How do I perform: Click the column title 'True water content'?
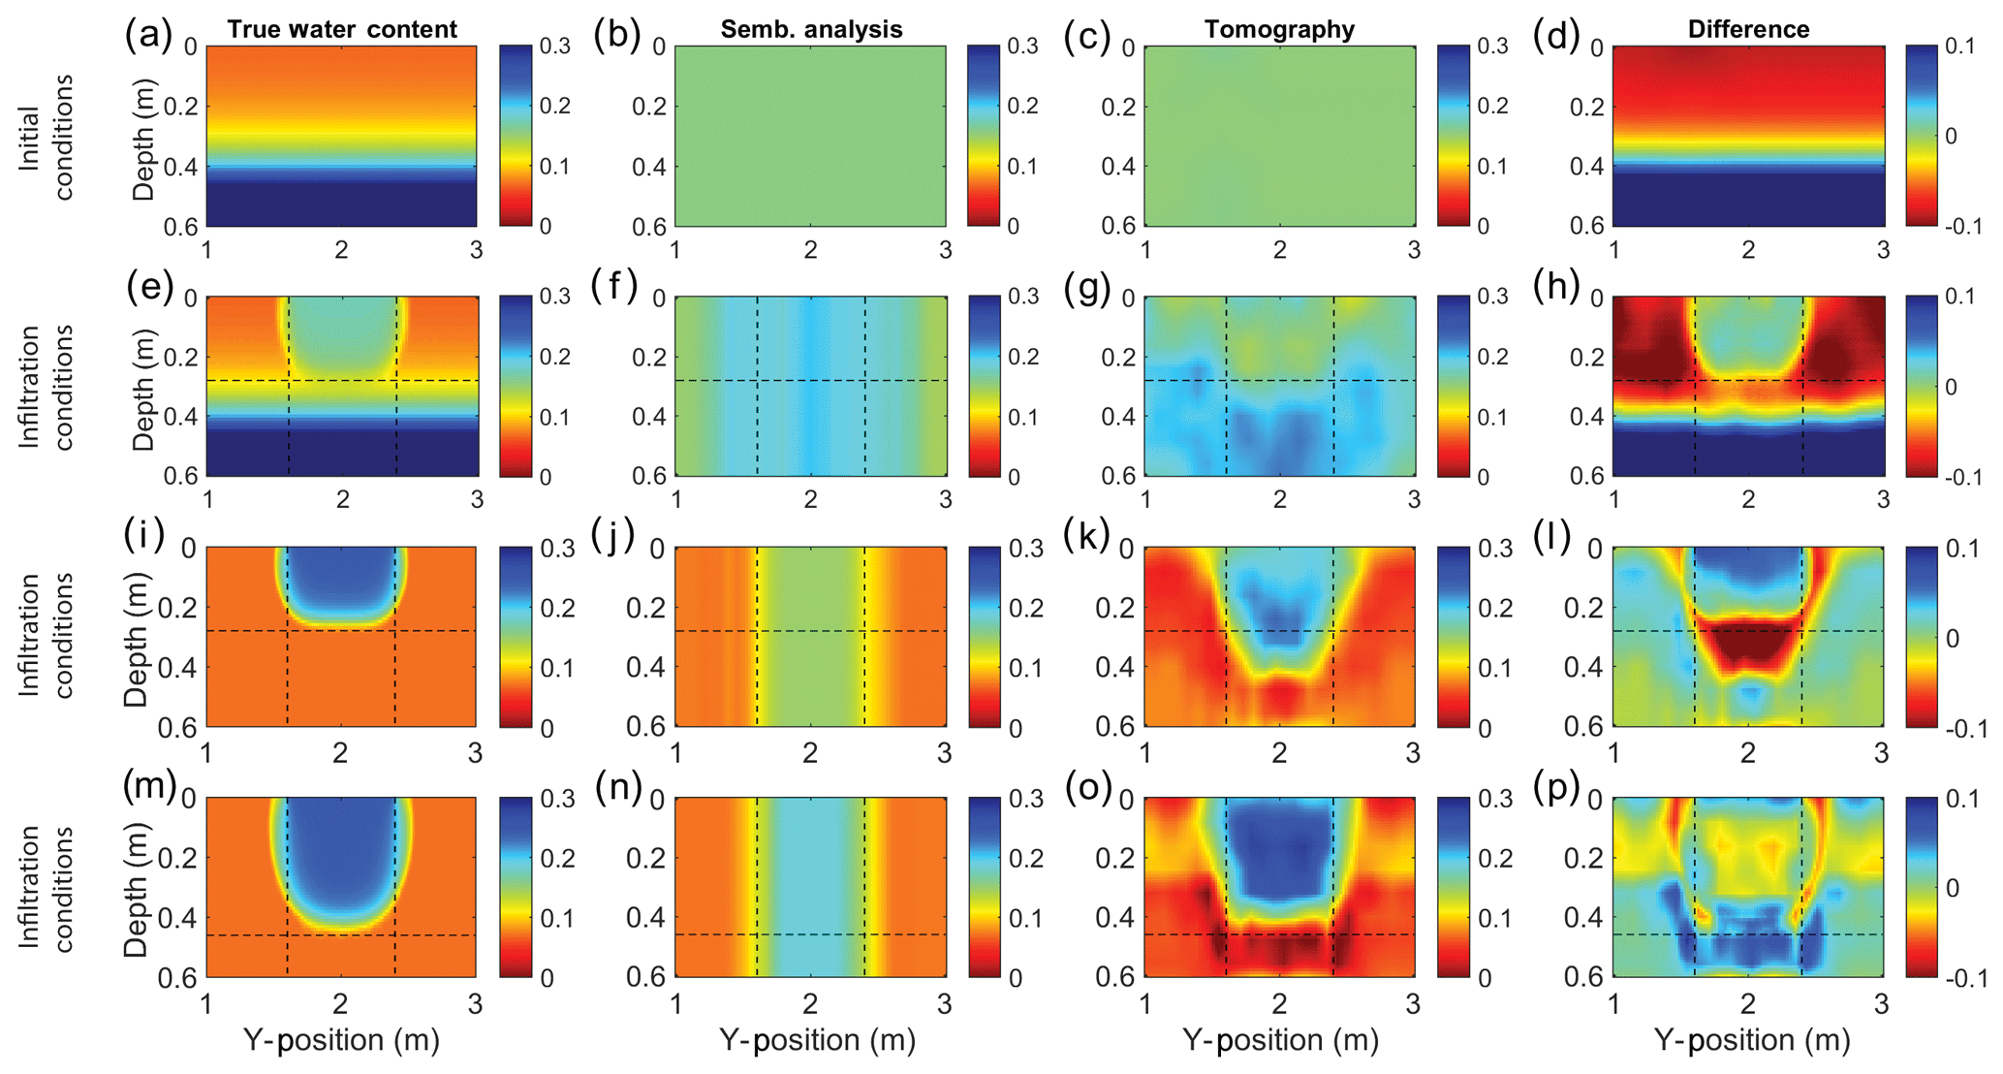tap(342, 29)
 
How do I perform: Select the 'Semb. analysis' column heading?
tap(811, 29)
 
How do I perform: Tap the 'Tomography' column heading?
tap(1279, 29)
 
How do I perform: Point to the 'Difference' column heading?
tap(1748, 29)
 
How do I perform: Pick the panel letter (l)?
tap(1553, 535)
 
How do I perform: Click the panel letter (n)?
tap(618, 786)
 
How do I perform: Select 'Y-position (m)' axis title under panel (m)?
tap(341, 1040)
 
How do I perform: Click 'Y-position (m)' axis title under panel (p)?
tap(1751, 1040)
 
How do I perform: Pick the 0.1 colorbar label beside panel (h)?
tap(1963, 297)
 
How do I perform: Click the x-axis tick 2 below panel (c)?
tap(1279, 250)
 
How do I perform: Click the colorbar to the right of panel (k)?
tap(1453, 636)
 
